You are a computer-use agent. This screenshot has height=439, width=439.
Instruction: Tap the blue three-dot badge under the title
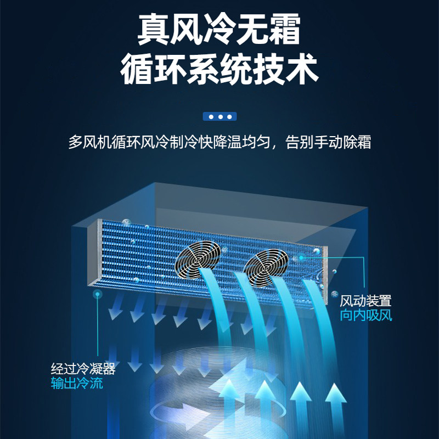[219, 116]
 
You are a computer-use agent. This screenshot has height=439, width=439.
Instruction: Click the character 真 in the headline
[154, 30]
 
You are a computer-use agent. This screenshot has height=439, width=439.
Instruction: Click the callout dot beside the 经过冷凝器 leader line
[98, 295]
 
